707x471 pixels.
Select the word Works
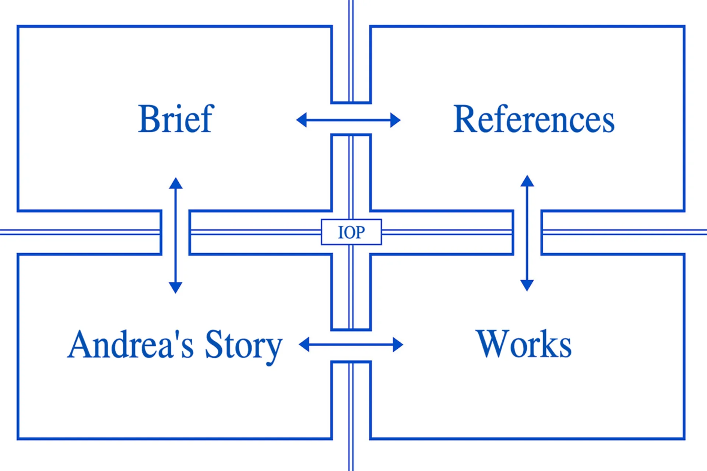pyautogui.click(x=523, y=344)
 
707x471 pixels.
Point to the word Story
pyautogui.click(x=243, y=345)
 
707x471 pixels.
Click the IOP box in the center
pyautogui.click(x=351, y=232)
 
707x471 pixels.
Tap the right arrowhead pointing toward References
pyautogui.click(x=395, y=120)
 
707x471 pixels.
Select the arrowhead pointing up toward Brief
pyautogui.click(x=176, y=183)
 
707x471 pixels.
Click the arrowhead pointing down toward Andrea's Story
pyautogui.click(x=176, y=287)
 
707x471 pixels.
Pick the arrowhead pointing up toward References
pyautogui.click(x=527, y=181)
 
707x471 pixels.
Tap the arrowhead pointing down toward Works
pyautogui.click(x=527, y=285)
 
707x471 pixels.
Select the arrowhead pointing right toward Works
pyautogui.click(x=398, y=345)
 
